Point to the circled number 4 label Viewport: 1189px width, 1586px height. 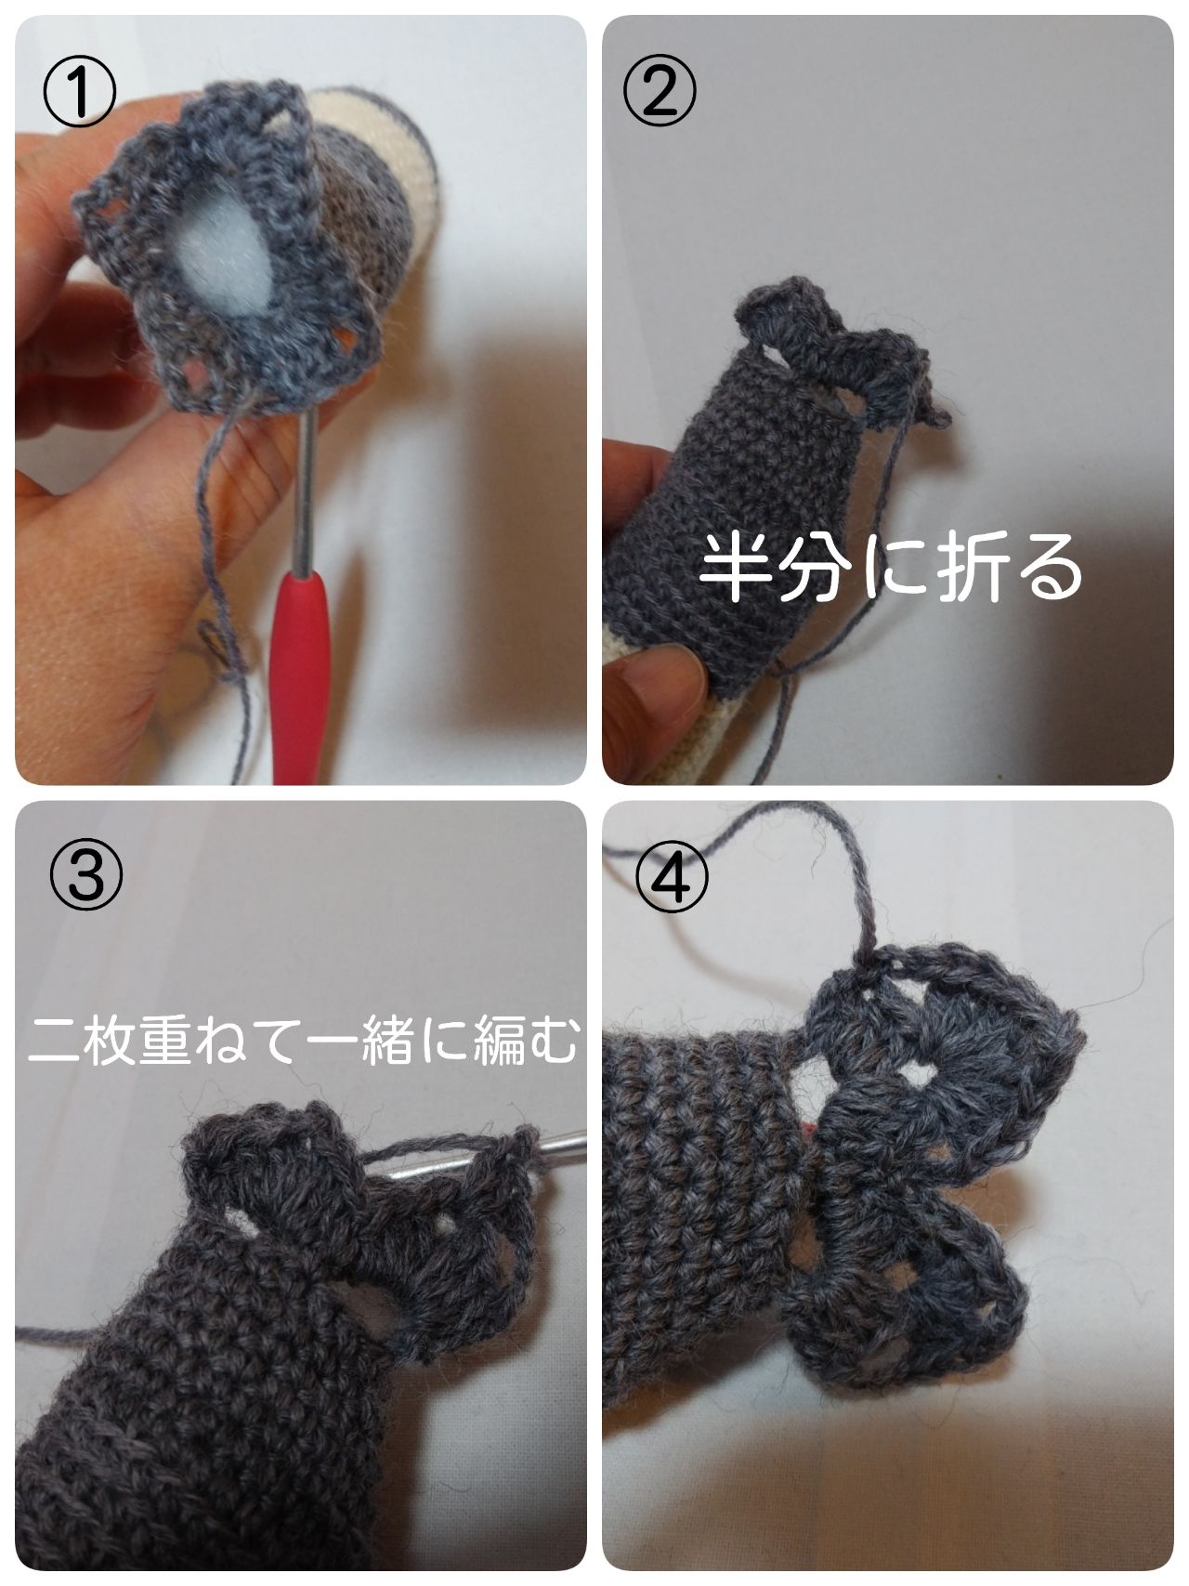coord(674,878)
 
